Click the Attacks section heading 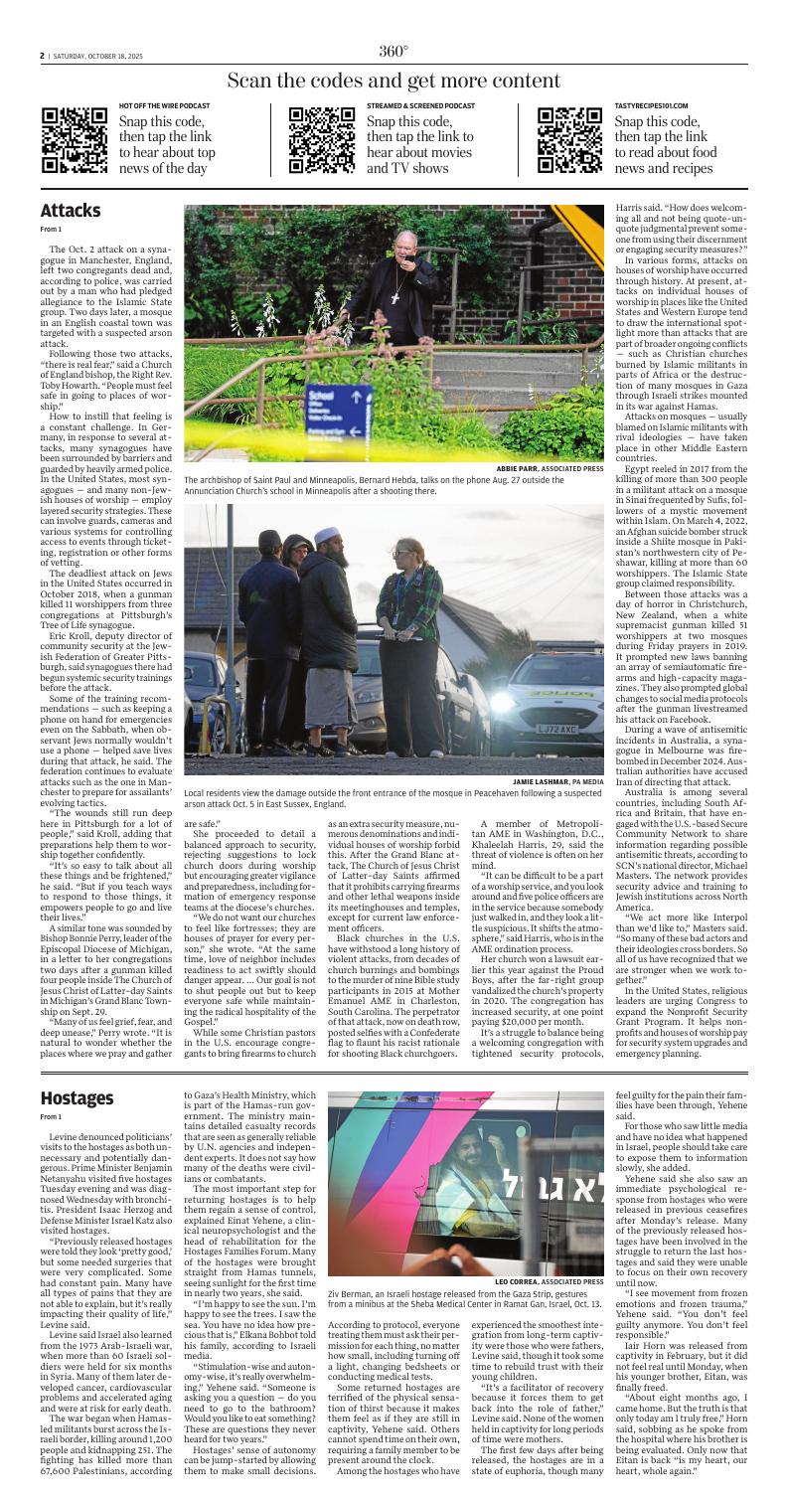(71, 211)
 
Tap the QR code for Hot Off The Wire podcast (75, 139)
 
